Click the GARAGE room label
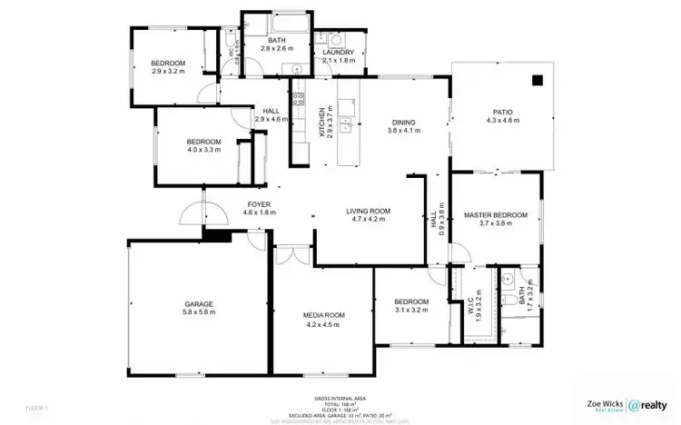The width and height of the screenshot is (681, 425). click(x=199, y=303)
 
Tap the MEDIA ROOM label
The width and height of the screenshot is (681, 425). click(x=324, y=315)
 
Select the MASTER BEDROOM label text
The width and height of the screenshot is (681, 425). click(x=495, y=215)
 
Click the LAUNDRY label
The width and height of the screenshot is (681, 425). click(x=338, y=53)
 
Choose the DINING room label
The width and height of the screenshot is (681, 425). click(x=403, y=122)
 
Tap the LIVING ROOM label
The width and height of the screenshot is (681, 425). click(x=368, y=211)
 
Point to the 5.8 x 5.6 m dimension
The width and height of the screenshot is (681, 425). click(x=199, y=312)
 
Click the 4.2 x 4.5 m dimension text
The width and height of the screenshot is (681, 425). click(x=324, y=324)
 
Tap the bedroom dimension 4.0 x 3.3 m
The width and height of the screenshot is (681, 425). click(x=203, y=151)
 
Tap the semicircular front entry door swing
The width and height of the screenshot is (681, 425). click(x=192, y=214)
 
